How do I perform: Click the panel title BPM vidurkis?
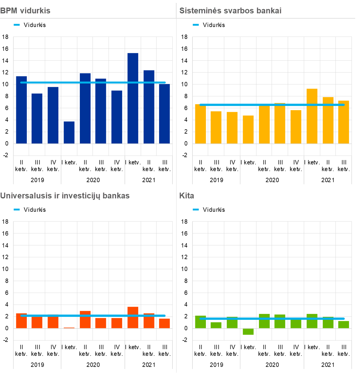25,11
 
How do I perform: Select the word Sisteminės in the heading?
197,11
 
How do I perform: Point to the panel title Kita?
186,196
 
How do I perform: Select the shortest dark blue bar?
69,132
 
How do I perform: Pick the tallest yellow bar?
312,116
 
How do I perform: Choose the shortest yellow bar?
248,130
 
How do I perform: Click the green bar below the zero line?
248,331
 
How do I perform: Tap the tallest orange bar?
133,317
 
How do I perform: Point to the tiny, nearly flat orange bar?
69,328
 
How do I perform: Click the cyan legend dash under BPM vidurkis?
17,25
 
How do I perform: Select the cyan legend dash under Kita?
196,209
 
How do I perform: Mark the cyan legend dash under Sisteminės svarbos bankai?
196,25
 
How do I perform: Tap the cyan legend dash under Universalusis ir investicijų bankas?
17,209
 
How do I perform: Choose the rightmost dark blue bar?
165,114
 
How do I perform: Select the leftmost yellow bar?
201,124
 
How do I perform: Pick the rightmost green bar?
344,325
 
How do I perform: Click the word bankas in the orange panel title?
116,196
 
